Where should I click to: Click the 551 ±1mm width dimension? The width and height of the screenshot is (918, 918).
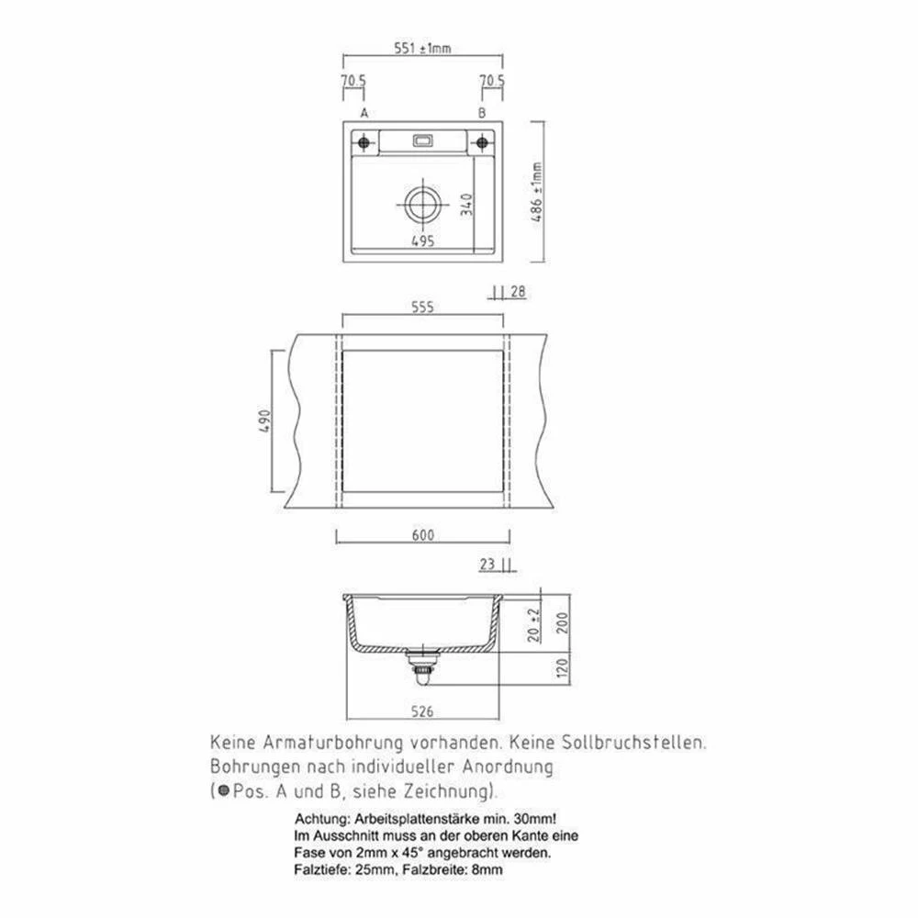point(422,50)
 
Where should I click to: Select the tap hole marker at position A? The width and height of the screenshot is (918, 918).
point(364,143)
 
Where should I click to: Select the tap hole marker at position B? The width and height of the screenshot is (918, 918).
point(481,143)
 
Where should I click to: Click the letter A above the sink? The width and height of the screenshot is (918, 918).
point(364,113)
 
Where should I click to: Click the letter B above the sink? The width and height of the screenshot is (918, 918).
point(481,113)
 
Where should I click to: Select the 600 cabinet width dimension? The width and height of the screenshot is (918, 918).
point(422,536)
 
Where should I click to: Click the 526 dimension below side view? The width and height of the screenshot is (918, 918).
point(422,711)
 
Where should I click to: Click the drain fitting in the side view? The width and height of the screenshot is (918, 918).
point(422,665)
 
